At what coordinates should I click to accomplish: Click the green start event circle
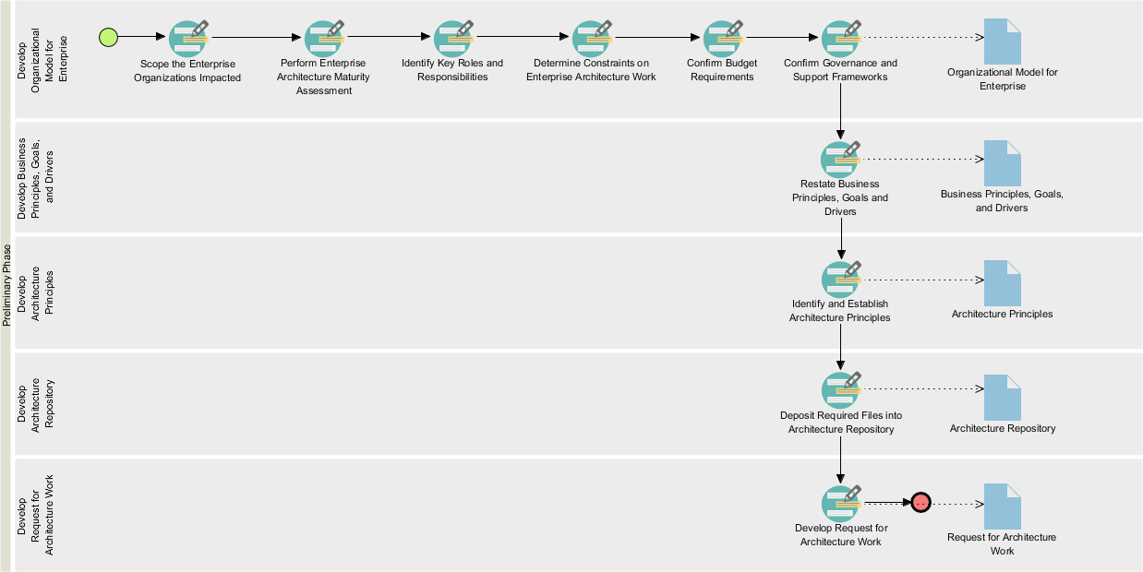[x=109, y=37]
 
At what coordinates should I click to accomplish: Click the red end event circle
[x=920, y=503]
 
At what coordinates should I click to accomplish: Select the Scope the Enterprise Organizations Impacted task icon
[x=188, y=39]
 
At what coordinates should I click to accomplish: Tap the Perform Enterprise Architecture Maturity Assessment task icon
[x=324, y=39]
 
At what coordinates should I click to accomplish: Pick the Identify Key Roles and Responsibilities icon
[x=452, y=39]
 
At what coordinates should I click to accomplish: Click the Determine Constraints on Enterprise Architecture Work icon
[x=592, y=39]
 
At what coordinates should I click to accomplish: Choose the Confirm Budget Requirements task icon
[x=723, y=39]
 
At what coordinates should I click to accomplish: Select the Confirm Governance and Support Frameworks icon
[x=841, y=39]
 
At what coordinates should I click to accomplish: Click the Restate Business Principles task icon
[x=840, y=159]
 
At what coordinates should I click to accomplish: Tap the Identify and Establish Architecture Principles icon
[x=841, y=279]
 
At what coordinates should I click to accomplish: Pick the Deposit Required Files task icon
[x=841, y=390]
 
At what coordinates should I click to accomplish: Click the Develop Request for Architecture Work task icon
[x=841, y=503]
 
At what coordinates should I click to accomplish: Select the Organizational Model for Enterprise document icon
[x=1003, y=42]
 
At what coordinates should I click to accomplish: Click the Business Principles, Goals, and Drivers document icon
[x=1003, y=163]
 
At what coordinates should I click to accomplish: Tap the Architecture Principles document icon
[x=1003, y=283]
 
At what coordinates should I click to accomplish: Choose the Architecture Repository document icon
[x=1003, y=397]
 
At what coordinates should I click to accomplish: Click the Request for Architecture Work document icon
[x=1003, y=506]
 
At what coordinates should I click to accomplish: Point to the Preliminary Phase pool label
[x=6, y=285]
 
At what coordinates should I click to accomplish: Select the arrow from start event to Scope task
[x=142, y=37]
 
